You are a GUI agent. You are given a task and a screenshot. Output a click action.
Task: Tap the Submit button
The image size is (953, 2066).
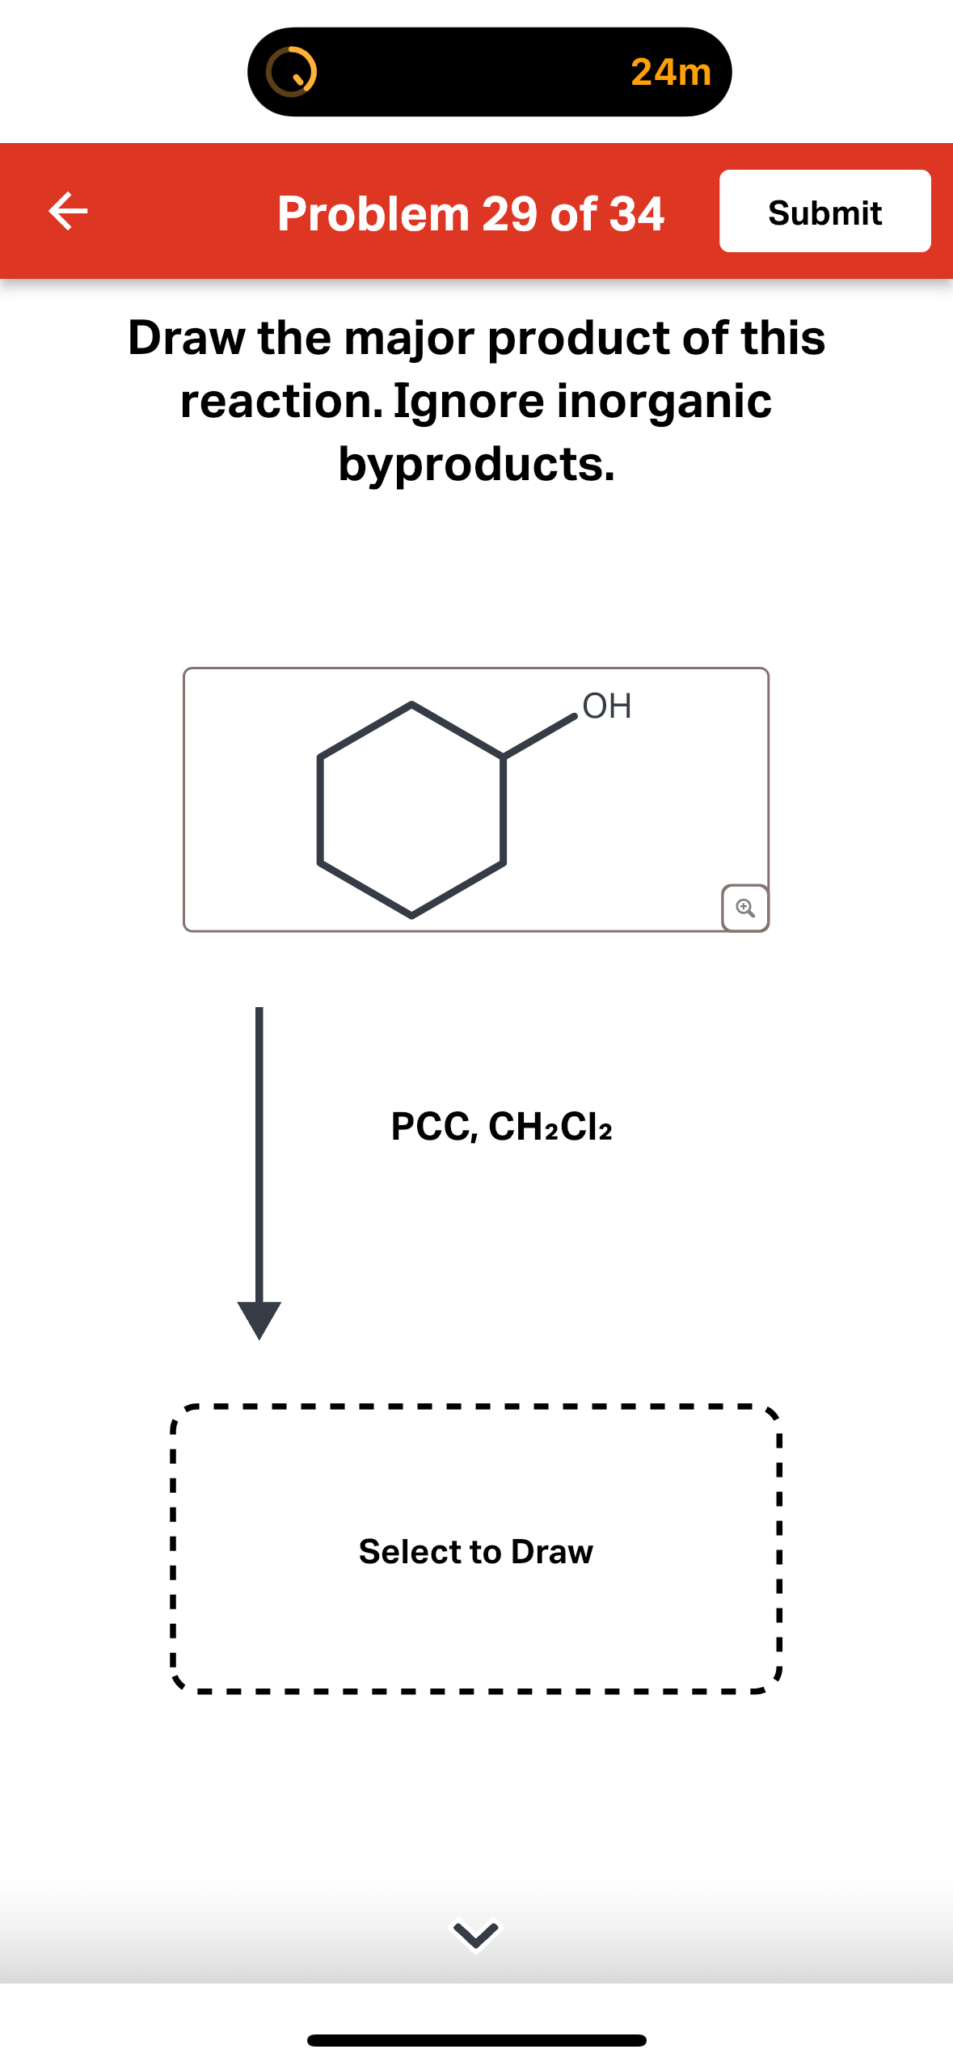click(x=824, y=212)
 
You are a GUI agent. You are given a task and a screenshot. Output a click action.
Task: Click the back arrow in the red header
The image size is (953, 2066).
click(x=68, y=212)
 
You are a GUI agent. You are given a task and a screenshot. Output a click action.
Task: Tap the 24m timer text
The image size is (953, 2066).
click(x=670, y=72)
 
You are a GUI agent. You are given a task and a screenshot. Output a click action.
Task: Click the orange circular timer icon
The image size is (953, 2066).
click(x=291, y=72)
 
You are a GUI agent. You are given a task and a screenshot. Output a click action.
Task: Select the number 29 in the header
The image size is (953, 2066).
click(x=509, y=214)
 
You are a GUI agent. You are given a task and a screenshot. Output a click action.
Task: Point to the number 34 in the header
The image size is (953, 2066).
click(x=636, y=214)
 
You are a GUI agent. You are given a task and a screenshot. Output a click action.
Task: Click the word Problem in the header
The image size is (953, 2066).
click(x=373, y=214)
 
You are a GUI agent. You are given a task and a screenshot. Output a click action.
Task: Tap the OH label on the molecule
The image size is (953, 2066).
click(x=606, y=706)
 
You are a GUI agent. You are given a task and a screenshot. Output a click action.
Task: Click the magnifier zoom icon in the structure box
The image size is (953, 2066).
click(x=744, y=908)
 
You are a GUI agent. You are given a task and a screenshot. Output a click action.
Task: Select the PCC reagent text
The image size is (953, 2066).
click(x=433, y=1126)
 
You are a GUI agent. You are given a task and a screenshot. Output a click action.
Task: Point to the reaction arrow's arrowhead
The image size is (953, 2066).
click(x=259, y=1318)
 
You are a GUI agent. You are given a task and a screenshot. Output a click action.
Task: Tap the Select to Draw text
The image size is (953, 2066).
click(x=476, y=1551)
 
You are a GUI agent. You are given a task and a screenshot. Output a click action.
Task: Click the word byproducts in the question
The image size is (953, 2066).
click(x=476, y=464)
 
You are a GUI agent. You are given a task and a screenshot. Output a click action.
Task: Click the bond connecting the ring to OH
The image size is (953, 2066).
click(x=540, y=736)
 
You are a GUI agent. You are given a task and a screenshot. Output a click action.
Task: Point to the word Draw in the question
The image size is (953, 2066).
click(x=186, y=338)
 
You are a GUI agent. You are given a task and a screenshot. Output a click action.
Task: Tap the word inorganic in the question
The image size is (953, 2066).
click(x=664, y=401)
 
